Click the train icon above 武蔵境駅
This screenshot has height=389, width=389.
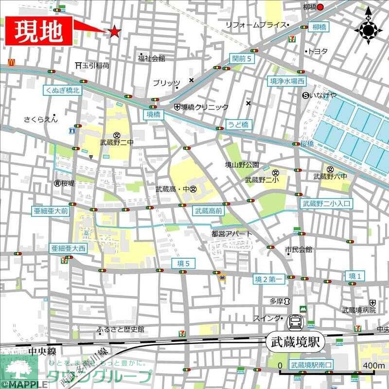tap(295, 321)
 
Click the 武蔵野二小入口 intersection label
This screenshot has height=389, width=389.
tap(326, 204)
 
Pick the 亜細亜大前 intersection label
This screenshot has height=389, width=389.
tap(51, 212)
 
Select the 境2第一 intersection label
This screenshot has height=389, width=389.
tap(269, 279)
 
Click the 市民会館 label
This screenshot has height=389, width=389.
tap(299, 249)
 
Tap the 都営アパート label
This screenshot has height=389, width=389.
tap(232, 233)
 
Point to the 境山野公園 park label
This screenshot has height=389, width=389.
tap(242, 165)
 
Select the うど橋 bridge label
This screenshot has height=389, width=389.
tap(238, 124)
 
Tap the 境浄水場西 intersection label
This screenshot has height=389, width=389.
tap(288, 81)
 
